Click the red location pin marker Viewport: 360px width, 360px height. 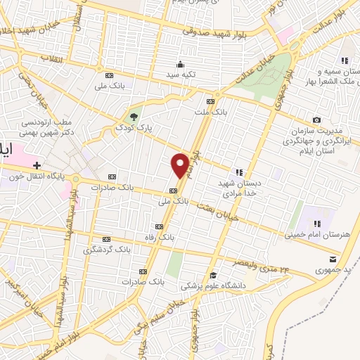click(180, 165)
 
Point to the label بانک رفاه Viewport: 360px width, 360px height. click(160, 237)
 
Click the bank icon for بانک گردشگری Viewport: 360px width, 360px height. click(107, 239)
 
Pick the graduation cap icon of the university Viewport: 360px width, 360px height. click(213, 275)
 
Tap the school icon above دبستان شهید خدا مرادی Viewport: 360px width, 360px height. click(239, 171)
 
